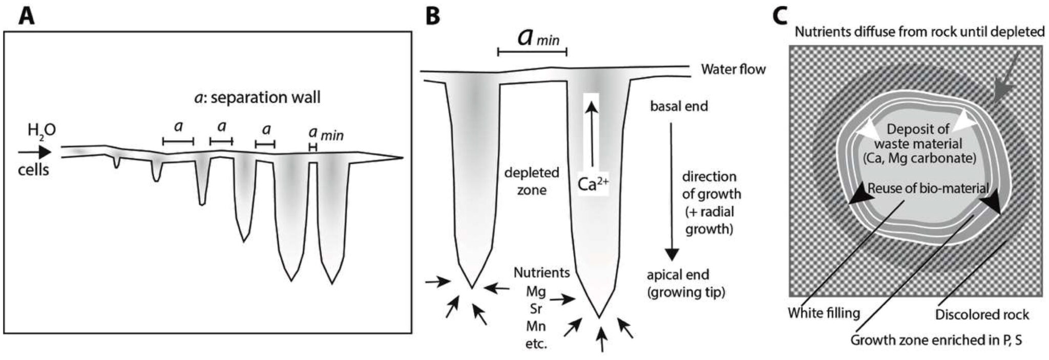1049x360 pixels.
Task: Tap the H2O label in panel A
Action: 41,132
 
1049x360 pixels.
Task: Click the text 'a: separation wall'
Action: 257,97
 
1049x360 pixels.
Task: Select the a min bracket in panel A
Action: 312,147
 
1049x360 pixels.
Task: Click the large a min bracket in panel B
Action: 532,51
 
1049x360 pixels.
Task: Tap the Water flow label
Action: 733,69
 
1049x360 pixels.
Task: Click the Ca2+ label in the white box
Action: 593,184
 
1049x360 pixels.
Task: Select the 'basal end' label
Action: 679,107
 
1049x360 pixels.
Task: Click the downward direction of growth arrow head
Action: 672,255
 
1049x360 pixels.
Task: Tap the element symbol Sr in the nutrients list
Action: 536,309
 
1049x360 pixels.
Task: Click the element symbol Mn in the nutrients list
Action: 536,326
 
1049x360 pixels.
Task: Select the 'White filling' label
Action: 824,312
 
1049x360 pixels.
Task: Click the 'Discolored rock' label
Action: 981,314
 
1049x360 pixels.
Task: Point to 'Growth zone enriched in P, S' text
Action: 936,340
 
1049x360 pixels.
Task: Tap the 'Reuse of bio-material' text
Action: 928,188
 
